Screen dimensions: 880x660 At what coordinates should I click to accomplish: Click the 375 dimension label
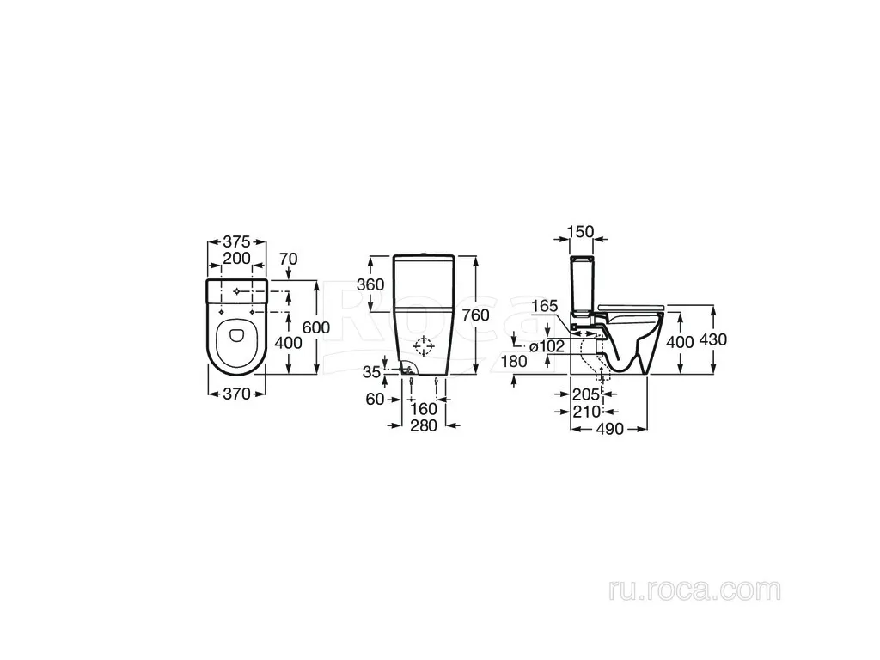coord(236,241)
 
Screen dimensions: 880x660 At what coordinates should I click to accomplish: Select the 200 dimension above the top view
coord(236,258)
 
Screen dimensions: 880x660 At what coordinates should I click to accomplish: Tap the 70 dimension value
coord(289,259)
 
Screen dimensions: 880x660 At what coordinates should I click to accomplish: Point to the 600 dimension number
coord(316,327)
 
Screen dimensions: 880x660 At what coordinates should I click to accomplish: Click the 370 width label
coord(236,394)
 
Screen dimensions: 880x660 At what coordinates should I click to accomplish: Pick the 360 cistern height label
coord(370,284)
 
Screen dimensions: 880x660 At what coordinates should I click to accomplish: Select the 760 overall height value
coord(476,315)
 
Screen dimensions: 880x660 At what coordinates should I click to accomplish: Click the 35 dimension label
coord(371,372)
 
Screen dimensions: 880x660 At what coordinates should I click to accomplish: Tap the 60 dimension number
coord(375,399)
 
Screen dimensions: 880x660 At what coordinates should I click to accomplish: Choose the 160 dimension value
coord(424,408)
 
